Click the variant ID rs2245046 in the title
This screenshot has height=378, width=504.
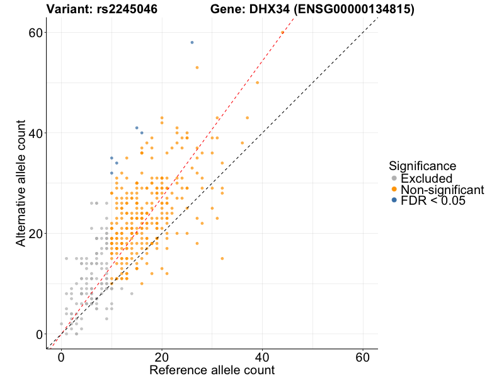[127, 9]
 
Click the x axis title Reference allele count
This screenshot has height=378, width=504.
[212, 370]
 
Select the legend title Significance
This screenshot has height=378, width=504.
[423, 166]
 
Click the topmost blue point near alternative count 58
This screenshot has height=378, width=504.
[192, 42]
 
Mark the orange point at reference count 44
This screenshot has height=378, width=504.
[282, 32]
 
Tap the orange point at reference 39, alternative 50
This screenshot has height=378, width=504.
[257, 83]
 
